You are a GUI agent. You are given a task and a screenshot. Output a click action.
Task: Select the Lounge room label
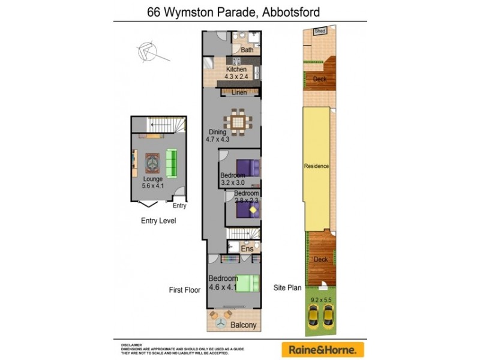coord(153,182)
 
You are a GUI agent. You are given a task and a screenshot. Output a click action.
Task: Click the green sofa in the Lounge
coord(172,163)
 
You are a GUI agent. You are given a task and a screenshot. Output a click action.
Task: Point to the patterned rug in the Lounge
coord(152,163)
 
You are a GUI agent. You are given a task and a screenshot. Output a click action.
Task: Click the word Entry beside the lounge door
coord(179,206)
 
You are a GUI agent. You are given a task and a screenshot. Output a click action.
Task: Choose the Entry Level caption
coord(158,221)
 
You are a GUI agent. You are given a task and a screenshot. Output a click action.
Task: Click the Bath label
coord(247,50)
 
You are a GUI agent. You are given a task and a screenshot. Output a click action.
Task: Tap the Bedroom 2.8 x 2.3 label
coord(247,197)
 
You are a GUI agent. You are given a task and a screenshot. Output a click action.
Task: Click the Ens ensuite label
coord(247,248)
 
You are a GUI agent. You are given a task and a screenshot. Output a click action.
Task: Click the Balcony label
coord(244,325)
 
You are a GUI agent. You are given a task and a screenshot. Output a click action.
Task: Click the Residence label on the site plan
coord(316,166)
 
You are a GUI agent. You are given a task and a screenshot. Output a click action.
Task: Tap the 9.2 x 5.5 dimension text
coord(320,298)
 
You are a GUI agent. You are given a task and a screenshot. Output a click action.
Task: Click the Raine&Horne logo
coord(323,349)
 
